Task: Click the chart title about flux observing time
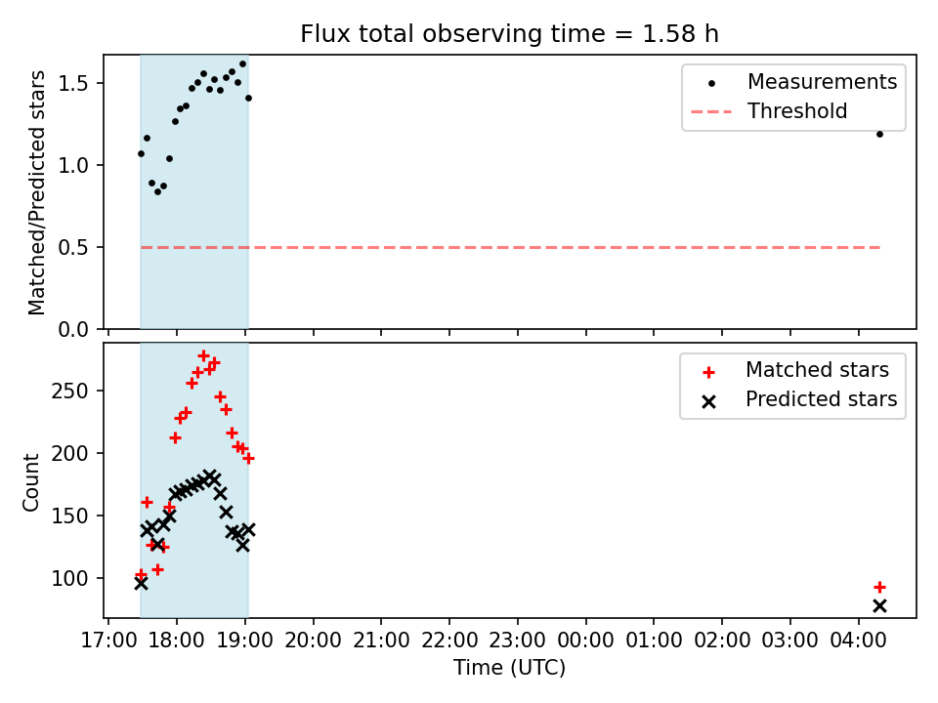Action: (x=509, y=33)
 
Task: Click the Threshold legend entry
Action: (x=769, y=111)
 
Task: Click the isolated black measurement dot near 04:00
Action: (x=879, y=135)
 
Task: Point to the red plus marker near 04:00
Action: (x=879, y=588)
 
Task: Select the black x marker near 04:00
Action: (x=879, y=606)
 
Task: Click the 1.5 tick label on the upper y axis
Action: (x=73, y=84)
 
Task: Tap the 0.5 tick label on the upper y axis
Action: (x=73, y=247)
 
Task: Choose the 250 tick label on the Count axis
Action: (x=70, y=391)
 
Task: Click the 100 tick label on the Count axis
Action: (x=70, y=579)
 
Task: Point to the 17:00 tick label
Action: (x=108, y=641)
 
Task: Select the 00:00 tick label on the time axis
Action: (x=585, y=641)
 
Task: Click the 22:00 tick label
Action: (x=449, y=641)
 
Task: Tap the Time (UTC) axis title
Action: (x=510, y=667)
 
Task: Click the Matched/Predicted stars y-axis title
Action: (x=36, y=192)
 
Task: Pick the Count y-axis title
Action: (x=30, y=482)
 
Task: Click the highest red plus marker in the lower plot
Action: (x=203, y=356)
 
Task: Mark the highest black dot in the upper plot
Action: (x=243, y=64)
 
